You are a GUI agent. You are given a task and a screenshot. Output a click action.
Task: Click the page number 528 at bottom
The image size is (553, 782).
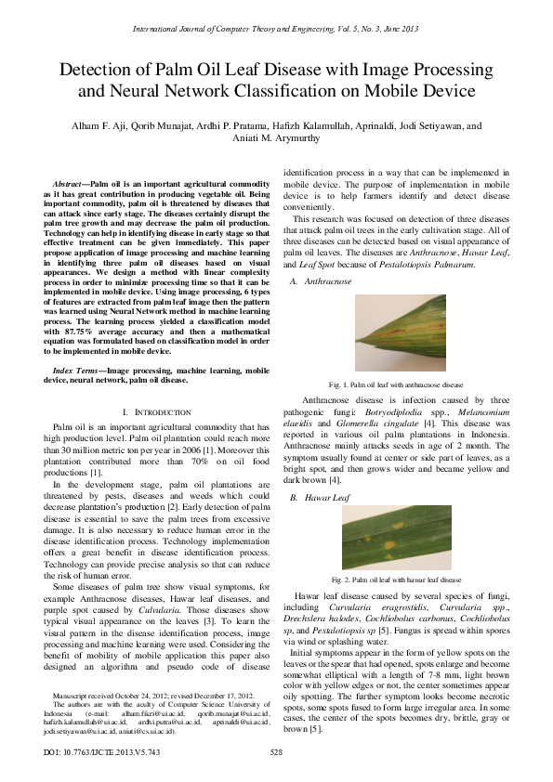coord(276,751)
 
